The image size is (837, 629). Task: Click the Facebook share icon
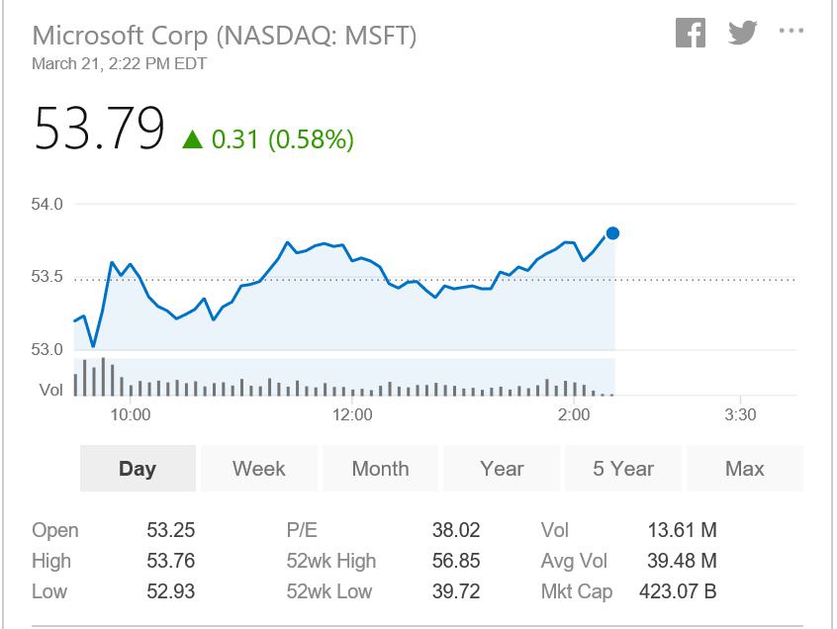pyautogui.click(x=691, y=33)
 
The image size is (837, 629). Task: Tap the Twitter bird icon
pyautogui.click(x=743, y=33)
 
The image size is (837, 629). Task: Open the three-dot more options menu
pyautogui.click(x=791, y=31)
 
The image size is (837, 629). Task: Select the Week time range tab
pyautogui.click(x=259, y=469)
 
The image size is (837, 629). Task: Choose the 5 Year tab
pyautogui.click(x=623, y=469)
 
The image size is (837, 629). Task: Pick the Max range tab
pyautogui.click(x=745, y=469)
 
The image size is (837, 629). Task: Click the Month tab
pyautogui.click(x=380, y=469)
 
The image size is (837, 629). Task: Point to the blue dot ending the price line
pyautogui.click(x=612, y=233)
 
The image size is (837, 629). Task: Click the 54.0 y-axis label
pyautogui.click(x=46, y=204)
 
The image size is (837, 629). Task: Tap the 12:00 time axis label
pyautogui.click(x=352, y=414)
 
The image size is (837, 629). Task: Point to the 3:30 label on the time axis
pyautogui.click(x=740, y=414)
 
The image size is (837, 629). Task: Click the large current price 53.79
pyautogui.click(x=99, y=129)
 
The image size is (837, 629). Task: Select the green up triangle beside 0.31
pyautogui.click(x=192, y=139)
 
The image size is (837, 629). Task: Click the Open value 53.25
pyautogui.click(x=171, y=530)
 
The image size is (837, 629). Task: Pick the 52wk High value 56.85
pyautogui.click(x=456, y=561)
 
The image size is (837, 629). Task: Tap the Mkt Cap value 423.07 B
pyautogui.click(x=678, y=591)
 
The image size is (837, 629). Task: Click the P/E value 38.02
pyautogui.click(x=456, y=530)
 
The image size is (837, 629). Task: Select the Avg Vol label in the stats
pyautogui.click(x=574, y=561)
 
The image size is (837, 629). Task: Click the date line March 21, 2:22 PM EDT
pyautogui.click(x=119, y=64)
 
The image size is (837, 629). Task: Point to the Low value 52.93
pyautogui.click(x=171, y=591)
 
